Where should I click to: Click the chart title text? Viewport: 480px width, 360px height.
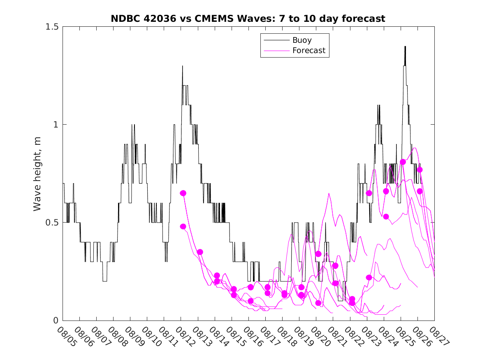click(248, 19)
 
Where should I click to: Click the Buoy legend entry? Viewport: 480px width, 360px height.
click(301, 40)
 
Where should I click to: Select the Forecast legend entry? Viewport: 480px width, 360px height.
click(308, 51)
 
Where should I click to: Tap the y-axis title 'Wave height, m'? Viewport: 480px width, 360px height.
click(37, 173)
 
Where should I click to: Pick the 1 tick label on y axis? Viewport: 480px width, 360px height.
click(56, 125)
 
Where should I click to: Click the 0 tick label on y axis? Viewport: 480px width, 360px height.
click(56, 321)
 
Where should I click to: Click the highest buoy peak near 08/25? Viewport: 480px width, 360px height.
click(405, 46)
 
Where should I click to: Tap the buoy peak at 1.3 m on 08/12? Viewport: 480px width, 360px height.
click(182, 66)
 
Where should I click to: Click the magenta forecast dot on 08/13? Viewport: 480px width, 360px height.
click(200, 252)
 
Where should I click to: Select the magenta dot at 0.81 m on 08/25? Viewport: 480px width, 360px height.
click(403, 162)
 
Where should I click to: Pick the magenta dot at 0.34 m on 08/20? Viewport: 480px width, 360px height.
click(318, 254)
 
